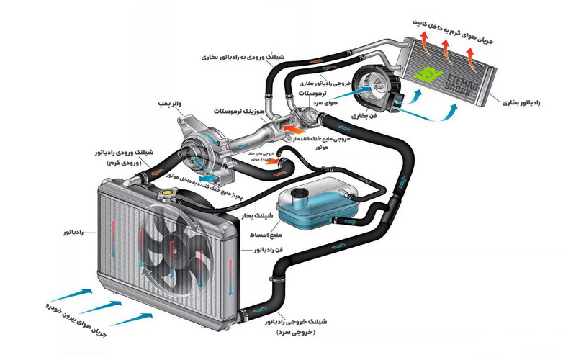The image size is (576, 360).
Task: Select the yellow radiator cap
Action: point(171,193)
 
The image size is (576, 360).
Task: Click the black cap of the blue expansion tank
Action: point(296,194)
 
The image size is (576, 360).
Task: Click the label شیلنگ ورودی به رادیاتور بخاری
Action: point(249,56)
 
